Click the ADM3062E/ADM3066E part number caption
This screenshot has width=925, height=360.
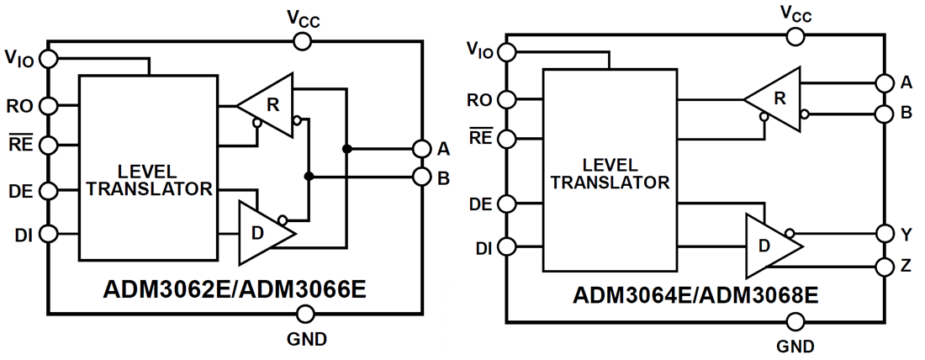click(235, 288)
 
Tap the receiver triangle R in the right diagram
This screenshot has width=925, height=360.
click(774, 98)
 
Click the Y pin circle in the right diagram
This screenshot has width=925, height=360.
click(884, 233)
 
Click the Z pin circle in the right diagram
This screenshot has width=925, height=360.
click(884, 267)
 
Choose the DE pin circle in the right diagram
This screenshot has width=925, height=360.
click(507, 204)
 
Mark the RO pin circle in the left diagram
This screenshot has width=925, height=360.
click(50, 106)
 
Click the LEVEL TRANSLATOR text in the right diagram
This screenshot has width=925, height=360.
click(610, 173)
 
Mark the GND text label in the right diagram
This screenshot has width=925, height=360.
click(795, 346)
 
